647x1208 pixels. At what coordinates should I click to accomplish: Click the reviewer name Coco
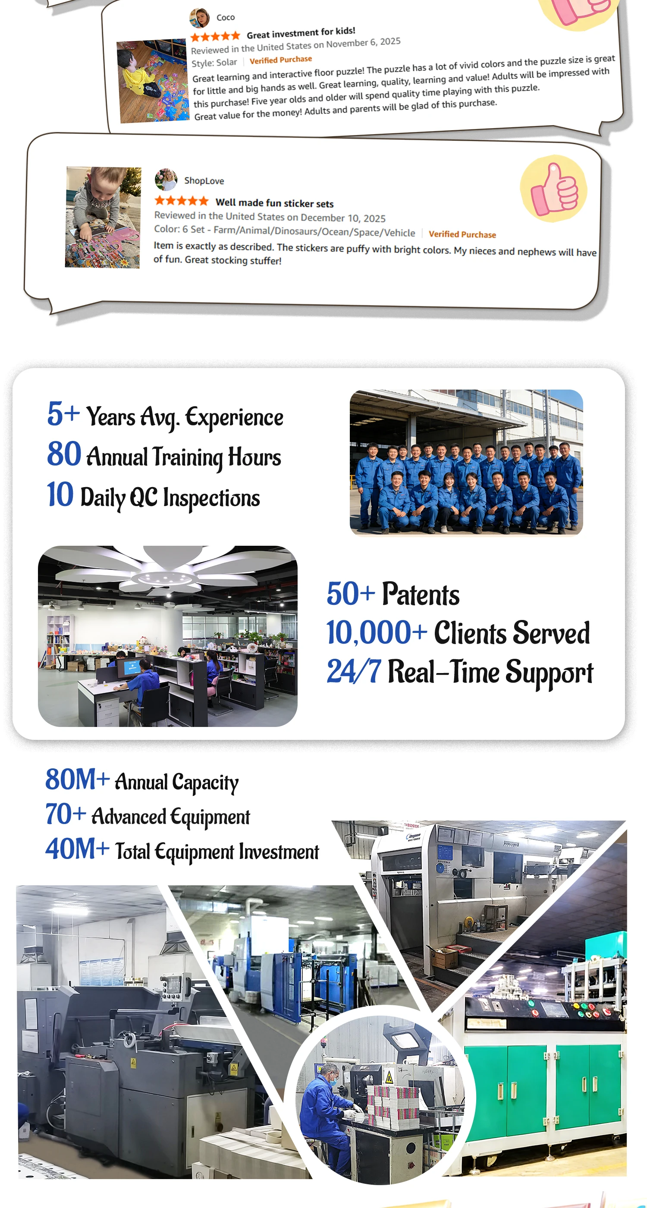click(x=226, y=17)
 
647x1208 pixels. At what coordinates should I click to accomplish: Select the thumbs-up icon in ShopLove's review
click(x=554, y=189)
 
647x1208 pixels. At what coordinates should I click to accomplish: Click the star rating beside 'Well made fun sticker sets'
click(x=182, y=201)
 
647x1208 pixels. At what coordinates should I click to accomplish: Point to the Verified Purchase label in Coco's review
click(x=281, y=60)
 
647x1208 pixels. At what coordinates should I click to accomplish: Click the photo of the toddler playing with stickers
click(x=103, y=217)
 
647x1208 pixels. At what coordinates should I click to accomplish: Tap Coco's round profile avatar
click(x=199, y=18)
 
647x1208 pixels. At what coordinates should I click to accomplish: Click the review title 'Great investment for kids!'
click(x=301, y=33)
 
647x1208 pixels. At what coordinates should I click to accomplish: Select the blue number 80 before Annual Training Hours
click(x=64, y=454)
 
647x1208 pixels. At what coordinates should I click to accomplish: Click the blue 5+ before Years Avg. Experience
click(x=63, y=414)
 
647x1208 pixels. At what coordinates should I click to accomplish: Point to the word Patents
click(x=421, y=594)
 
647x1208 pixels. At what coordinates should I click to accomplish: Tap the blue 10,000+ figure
click(x=377, y=632)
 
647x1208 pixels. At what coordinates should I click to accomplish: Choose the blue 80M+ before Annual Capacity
click(x=77, y=780)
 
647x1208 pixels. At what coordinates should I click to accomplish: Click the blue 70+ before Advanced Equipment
click(x=66, y=814)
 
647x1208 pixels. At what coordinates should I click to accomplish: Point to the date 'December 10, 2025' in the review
click(x=343, y=218)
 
